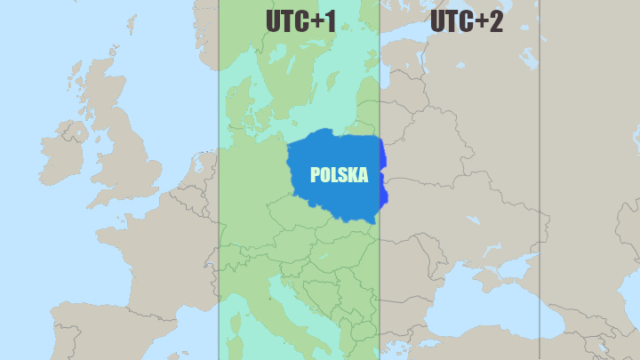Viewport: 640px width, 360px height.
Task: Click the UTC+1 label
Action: [x=300, y=21]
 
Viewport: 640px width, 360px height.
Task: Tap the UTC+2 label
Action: [x=466, y=21]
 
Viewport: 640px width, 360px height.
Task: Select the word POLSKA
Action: [x=339, y=175]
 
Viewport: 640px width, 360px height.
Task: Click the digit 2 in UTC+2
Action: [x=494, y=21]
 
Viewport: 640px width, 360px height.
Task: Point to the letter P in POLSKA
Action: [x=315, y=175]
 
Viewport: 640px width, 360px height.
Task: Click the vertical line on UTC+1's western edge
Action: [x=219, y=222]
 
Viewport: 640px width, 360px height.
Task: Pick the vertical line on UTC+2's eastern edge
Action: [x=540, y=178]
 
